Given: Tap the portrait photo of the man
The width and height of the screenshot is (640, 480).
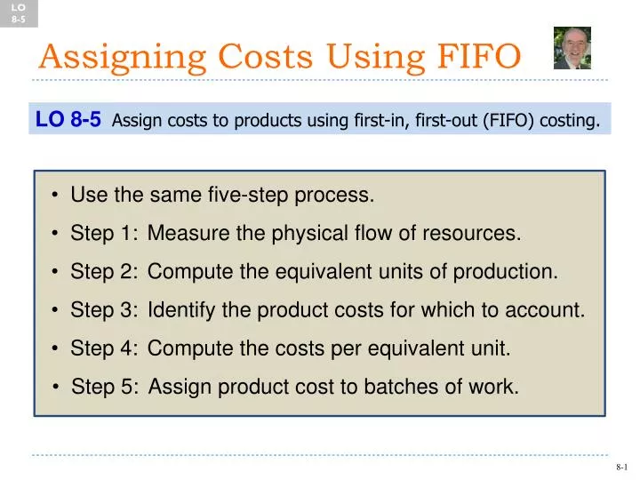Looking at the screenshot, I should (x=572, y=48).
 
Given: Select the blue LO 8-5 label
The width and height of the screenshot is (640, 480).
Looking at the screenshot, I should (x=68, y=119).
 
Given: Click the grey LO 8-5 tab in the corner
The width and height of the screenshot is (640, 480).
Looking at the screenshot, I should (x=19, y=12).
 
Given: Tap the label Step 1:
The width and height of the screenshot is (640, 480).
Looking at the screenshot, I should (x=104, y=234).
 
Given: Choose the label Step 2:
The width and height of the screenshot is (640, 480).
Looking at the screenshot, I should (x=104, y=272).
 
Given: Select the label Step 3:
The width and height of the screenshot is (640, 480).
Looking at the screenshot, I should (x=104, y=310).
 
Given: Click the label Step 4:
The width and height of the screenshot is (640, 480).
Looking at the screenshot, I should (x=104, y=348).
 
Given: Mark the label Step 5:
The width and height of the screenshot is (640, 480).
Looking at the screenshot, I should (x=105, y=387).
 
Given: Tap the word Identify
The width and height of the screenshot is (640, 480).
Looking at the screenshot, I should (x=180, y=310).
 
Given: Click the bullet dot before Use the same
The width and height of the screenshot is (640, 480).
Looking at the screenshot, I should (x=56, y=196).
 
